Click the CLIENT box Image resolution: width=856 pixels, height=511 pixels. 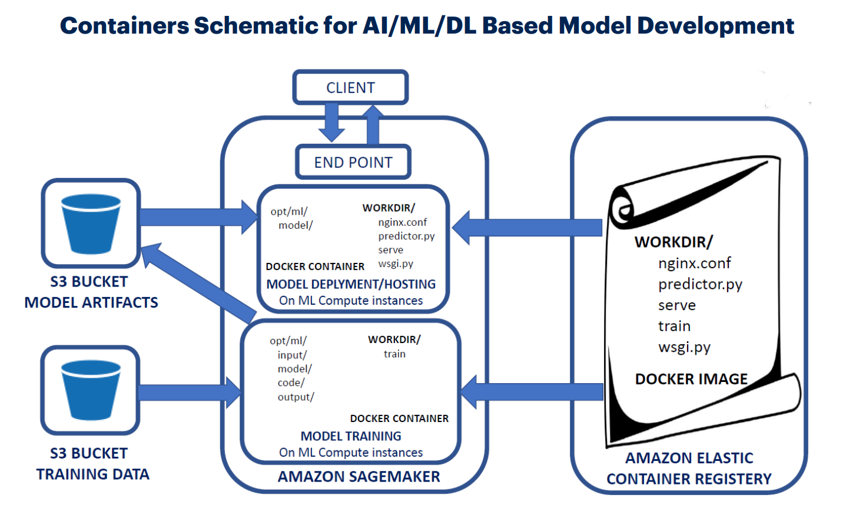coord(350,88)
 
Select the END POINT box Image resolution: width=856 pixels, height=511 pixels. coord(353,162)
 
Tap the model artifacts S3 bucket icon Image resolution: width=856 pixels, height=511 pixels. coord(91,223)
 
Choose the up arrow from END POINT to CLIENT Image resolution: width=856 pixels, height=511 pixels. coord(372,124)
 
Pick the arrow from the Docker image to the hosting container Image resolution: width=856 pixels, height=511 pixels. coord(527,228)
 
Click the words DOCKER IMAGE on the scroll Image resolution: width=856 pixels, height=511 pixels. coord(691,379)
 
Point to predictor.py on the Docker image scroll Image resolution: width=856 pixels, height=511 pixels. coord(700,284)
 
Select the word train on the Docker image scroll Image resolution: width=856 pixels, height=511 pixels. coord(674,326)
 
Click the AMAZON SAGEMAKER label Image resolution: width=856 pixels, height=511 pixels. coord(359,477)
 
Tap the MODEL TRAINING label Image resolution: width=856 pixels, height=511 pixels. coord(351,436)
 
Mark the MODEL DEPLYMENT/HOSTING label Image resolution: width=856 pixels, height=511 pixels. coord(351,284)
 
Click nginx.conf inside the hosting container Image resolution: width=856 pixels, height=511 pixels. coord(402,222)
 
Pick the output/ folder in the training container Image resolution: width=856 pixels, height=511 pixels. coord(296,397)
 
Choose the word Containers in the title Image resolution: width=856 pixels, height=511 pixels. coord(124,26)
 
